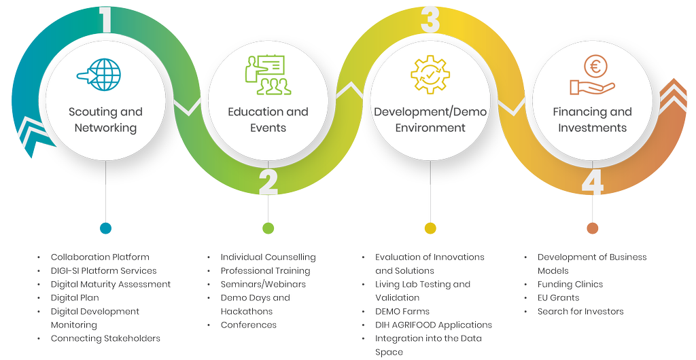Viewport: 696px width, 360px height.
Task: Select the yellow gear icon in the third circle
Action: pos(430,75)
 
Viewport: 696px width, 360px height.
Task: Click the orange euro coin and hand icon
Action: pos(593,75)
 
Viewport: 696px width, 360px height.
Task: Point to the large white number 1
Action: pos(105,20)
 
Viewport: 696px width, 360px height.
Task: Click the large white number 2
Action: pos(268,182)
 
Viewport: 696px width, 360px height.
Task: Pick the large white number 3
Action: pos(430,20)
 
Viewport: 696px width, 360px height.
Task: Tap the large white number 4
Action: pos(592,182)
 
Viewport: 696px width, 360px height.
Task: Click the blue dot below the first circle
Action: pos(105,228)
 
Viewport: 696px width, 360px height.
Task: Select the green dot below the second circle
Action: pos(268,228)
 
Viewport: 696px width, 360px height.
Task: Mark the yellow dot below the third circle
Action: pos(430,228)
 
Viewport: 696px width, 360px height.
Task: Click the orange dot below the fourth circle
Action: pos(593,228)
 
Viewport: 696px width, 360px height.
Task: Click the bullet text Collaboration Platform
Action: pos(100,257)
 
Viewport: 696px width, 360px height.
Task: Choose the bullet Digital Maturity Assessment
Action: pos(111,284)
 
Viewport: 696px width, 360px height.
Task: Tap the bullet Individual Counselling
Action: pos(268,257)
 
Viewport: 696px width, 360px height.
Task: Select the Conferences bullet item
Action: pos(248,325)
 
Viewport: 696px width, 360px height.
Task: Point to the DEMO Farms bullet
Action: pos(402,311)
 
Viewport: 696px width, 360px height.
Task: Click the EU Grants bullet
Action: pos(558,298)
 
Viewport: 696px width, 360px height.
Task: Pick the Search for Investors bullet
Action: pos(580,311)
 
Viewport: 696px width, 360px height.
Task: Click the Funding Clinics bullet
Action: pos(570,284)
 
